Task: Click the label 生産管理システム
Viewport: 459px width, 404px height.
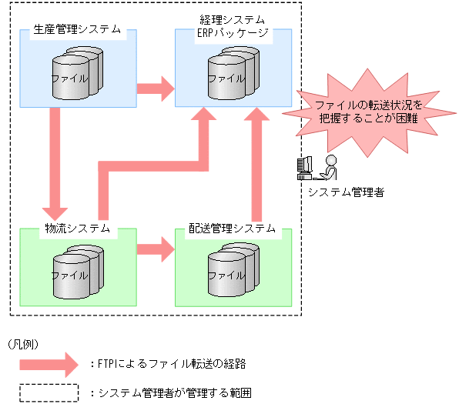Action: click(x=77, y=31)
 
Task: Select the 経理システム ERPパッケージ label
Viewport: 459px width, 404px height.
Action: click(x=233, y=25)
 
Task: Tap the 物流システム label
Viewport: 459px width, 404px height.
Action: click(x=78, y=229)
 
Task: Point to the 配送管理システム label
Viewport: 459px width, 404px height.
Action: click(x=233, y=229)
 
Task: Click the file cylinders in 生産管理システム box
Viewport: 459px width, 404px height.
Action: click(x=77, y=73)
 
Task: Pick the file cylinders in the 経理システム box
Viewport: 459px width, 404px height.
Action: click(x=233, y=73)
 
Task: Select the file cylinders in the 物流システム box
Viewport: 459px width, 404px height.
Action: click(x=77, y=271)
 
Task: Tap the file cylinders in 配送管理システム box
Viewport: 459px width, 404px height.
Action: click(x=233, y=271)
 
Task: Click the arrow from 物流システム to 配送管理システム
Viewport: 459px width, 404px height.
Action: click(x=156, y=249)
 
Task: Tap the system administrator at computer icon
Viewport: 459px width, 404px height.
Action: click(x=316, y=168)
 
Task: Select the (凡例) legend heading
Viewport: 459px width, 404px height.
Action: click(x=22, y=343)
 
